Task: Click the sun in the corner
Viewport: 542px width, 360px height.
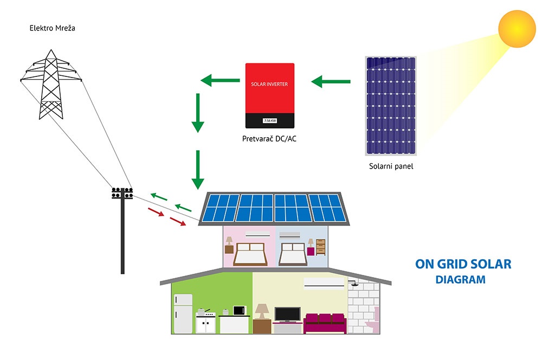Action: [x=517, y=29]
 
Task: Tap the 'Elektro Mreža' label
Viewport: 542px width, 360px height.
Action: [x=52, y=28]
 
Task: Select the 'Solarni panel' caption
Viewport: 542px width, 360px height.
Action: [x=391, y=166]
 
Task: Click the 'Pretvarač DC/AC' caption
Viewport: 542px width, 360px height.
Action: [x=269, y=139]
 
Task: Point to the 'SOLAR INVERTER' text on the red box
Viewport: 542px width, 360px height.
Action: [x=269, y=84]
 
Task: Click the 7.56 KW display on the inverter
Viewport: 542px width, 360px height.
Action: [x=270, y=121]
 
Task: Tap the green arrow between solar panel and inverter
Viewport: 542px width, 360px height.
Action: [x=331, y=82]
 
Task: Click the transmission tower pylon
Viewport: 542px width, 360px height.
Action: [x=51, y=85]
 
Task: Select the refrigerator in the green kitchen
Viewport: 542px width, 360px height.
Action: [x=183, y=314]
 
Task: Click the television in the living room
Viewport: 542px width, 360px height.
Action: [x=288, y=314]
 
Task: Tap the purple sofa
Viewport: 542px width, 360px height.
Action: [x=325, y=323]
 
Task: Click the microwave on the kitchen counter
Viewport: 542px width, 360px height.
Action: [x=240, y=310]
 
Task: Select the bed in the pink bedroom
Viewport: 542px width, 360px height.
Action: [x=250, y=254]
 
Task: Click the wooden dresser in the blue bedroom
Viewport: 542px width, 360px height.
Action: [x=321, y=247]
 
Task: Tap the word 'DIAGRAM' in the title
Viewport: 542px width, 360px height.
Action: [x=460, y=279]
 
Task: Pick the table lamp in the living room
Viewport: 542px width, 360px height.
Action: [x=262, y=311]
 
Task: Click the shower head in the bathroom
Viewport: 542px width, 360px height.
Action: [x=353, y=284]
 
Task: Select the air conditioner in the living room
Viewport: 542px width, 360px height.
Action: [x=324, y=282]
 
